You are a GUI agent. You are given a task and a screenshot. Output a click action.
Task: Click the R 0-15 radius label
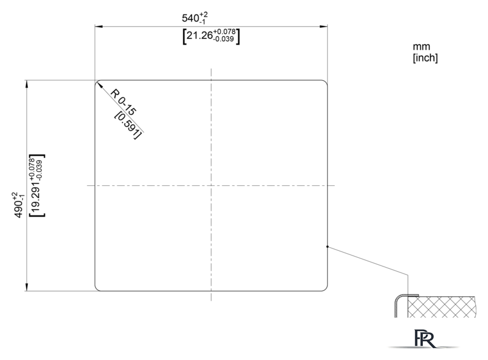coord(124,102)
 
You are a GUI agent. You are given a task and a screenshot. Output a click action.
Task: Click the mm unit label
coord(421,46)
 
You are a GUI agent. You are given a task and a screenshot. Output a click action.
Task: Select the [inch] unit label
coord(425,58)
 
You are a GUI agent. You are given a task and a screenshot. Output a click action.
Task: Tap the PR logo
coord(424,339)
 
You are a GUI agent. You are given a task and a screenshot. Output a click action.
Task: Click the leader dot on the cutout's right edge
coord(328,247)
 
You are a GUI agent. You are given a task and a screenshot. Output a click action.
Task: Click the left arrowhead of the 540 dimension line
coord(99,27)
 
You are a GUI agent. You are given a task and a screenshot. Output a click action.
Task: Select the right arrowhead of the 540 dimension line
coord(324,27)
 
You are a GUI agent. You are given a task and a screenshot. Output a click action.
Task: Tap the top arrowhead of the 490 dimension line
coord(27,84)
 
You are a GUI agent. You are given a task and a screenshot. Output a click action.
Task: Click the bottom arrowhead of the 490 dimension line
coord(27,287)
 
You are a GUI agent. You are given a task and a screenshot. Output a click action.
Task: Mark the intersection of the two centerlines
coord(211,185)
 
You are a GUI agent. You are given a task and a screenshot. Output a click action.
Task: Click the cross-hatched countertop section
coord(442,307)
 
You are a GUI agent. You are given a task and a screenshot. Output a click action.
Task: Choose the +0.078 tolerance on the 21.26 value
coord(224,32)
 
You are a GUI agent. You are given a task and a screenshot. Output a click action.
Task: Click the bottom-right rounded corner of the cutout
coord(325,289)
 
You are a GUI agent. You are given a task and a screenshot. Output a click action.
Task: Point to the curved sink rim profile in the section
coord(397,301)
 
